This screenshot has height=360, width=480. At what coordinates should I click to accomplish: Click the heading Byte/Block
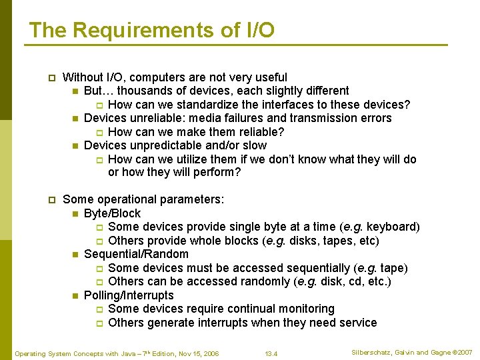(112, 213)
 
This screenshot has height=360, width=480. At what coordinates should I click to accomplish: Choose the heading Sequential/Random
(136, 254)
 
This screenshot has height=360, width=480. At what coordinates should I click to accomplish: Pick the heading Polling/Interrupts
(129, 295)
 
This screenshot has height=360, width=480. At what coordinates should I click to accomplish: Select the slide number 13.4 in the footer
(271, 353)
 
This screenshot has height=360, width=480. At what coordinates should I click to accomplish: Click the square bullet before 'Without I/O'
(50, 78)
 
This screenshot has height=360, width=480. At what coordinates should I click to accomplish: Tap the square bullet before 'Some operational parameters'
(50, 200)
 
